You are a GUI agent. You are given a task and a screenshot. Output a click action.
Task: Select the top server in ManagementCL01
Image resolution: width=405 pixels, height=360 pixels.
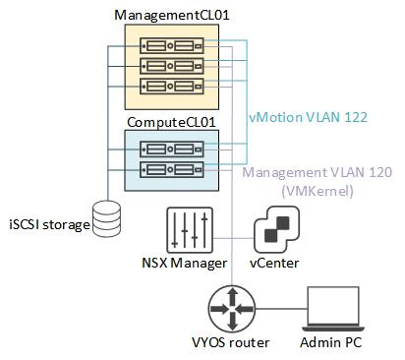[171, 46]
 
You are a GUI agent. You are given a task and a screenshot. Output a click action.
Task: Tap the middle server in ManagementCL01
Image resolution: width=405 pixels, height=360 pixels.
[171, 66]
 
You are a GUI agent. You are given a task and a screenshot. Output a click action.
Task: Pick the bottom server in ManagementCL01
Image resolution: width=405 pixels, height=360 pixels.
[171, 86]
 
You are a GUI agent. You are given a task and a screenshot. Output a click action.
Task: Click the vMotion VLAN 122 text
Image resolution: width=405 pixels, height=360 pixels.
[307, 116]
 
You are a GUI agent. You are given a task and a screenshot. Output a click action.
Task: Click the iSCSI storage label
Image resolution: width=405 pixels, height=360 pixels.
[48, 224]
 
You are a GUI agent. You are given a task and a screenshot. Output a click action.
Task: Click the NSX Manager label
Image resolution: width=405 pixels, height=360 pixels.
[184, 264]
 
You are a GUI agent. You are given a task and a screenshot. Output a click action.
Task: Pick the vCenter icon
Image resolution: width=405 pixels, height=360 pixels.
[275, 231]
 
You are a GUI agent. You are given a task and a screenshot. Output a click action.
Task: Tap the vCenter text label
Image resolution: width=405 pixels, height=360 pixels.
[274, 264]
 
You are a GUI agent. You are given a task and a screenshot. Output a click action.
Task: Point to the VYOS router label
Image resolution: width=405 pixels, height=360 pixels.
[234, 344]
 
